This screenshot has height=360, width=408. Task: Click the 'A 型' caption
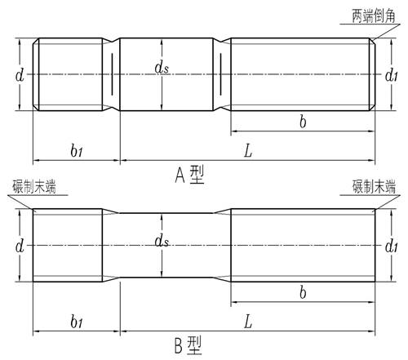[x=189, y=175]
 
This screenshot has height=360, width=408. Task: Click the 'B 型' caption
[x=188, y=345]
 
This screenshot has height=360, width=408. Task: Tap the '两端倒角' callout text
[x=374, y=16]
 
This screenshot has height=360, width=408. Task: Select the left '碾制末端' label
[x=34, y=186]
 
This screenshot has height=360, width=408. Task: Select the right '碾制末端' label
[x=374, y=186]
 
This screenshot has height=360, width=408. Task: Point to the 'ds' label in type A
[x=162, y=67]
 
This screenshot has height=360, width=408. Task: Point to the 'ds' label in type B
[x=162, y=241]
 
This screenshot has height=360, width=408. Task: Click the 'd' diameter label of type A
[x=20, y=75]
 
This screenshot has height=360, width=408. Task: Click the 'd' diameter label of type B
[x=20, y=247]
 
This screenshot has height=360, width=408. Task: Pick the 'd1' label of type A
[x=392, y=75]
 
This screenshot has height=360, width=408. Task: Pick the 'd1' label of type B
[x=392, y=247]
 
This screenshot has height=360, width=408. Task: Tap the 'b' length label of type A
[x=303, y=122]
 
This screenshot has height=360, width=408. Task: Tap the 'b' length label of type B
[x=303, y=293]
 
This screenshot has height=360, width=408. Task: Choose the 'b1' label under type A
[x=77, y=150]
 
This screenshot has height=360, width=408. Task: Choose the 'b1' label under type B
[x=77, y=322]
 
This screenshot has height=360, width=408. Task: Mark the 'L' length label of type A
[x=248, y=151]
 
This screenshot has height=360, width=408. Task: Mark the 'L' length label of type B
[x=248, y=322]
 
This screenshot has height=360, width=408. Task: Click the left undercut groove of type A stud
[x=111, y=74]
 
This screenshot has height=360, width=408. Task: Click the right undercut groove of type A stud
[x=222, y=74]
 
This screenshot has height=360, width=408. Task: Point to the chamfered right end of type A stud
[x=372, y=74]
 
